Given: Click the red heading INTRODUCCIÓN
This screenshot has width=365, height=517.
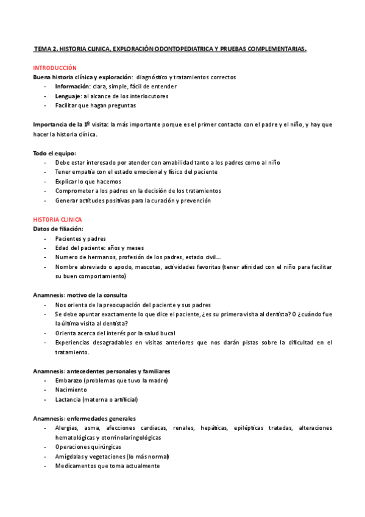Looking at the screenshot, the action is point(55,68).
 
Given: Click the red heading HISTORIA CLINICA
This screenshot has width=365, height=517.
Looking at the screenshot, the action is point(57,219).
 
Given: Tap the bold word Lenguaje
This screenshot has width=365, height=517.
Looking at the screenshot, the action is point(68,96).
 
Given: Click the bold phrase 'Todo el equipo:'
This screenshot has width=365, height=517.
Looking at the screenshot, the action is point(54,152).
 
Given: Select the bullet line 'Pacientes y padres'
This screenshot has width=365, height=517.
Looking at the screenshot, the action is point(80,238).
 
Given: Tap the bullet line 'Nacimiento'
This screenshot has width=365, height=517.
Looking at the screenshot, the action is point(71,390).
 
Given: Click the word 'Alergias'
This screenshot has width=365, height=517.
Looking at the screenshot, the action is point(67,428).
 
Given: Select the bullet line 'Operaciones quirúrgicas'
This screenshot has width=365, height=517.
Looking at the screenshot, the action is point(88,447).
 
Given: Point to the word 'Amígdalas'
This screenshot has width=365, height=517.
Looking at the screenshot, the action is point(70,456).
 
